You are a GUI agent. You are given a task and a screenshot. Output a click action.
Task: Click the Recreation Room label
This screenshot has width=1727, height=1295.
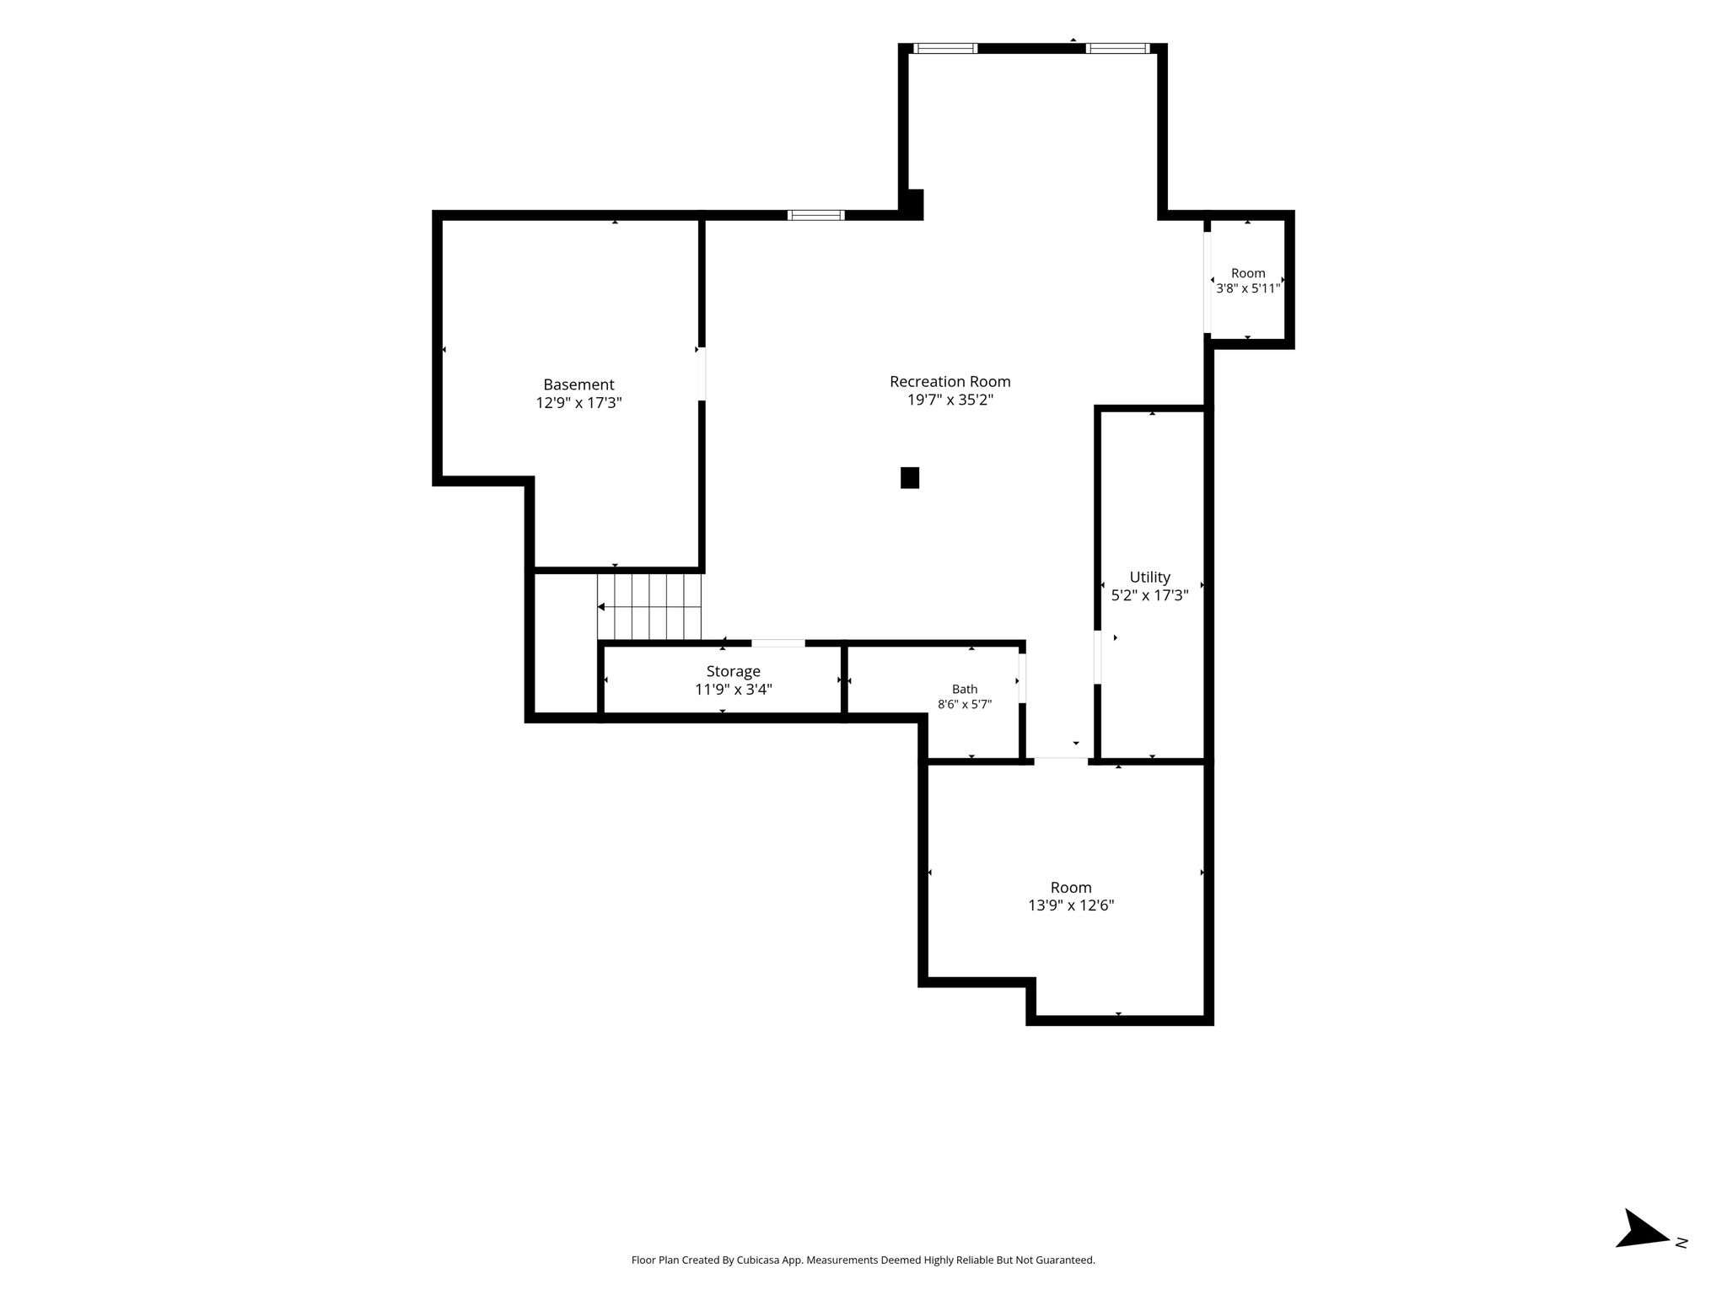(950, 382)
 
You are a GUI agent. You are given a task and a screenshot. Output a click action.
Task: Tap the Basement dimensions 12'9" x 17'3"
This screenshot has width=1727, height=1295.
(578, 403)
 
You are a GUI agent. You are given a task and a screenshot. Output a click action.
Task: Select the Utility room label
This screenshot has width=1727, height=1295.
(1149, 578)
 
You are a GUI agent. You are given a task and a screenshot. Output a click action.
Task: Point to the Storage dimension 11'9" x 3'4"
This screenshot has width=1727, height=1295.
(734, 690)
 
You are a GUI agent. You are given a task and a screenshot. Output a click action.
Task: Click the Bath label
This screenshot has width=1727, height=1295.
(965, 690)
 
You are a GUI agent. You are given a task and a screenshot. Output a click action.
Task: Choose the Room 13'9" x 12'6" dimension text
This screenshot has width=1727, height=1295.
(1071, 905)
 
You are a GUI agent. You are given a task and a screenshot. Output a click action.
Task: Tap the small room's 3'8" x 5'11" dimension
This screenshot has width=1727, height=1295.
(1248, 288)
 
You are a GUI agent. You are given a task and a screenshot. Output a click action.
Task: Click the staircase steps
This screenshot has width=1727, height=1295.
(649, 607)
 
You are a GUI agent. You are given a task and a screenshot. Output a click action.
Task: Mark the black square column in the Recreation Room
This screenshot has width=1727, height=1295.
(910, 478)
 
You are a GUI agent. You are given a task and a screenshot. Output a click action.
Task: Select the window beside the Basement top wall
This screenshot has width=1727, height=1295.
(816, 215)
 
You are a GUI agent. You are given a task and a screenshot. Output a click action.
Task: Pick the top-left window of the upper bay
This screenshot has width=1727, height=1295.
(946, 48)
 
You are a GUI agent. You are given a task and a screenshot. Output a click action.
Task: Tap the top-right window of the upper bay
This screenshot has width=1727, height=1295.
(1117, 48)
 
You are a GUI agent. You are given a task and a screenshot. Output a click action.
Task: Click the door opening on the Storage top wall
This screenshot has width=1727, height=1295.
(778, 643)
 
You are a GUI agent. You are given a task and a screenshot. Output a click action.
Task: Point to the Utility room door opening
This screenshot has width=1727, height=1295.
(1098, 657)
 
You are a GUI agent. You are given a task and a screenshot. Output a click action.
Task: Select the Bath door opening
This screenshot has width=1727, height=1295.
(1023, 678)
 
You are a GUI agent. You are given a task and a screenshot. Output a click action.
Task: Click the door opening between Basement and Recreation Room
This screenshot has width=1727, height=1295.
(702, 373)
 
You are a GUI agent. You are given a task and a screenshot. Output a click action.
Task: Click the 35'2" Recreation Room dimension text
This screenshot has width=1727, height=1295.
(975, 400)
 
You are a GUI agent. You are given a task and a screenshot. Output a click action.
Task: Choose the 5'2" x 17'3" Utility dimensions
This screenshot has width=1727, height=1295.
(1150, 595)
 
